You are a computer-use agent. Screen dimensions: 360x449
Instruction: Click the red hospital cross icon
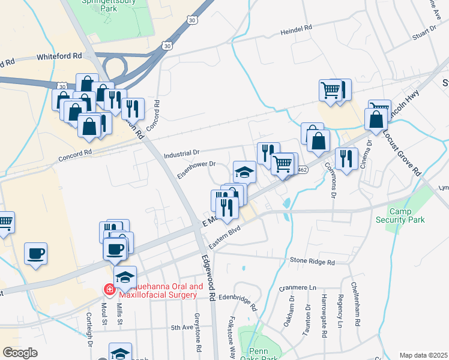[109, 290]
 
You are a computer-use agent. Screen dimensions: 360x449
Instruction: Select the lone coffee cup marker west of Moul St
[35, 253]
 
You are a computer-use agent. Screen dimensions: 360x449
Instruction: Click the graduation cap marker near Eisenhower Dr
[244, 172]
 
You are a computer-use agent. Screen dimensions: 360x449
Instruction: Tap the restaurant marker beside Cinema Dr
[346, 158]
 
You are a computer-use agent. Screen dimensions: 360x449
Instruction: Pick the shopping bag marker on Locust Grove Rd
[376, 119]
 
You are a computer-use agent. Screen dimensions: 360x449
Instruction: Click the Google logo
[20, 353]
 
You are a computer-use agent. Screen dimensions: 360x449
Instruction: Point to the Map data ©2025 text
[424, 355]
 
